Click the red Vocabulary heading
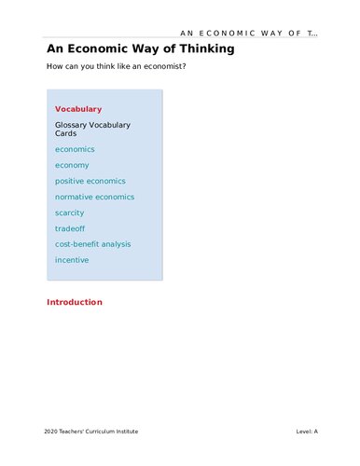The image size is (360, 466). click(x=78, y=109)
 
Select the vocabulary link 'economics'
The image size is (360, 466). click(x=75, y=149)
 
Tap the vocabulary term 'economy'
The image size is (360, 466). click(x=72, y=165)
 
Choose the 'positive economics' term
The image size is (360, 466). click(x=90, y=181)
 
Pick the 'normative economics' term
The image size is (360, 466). click(x=94, y=197)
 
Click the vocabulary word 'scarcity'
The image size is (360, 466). click(x=69, y=212)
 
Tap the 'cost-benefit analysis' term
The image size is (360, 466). click(x=93, y=244)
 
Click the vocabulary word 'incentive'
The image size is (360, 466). click(x=72, y=260)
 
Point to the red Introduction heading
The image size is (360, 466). click(x=75, y=302)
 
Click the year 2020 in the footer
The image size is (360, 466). click(x=51, y=432)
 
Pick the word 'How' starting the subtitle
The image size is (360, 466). click(x=54, y=66)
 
